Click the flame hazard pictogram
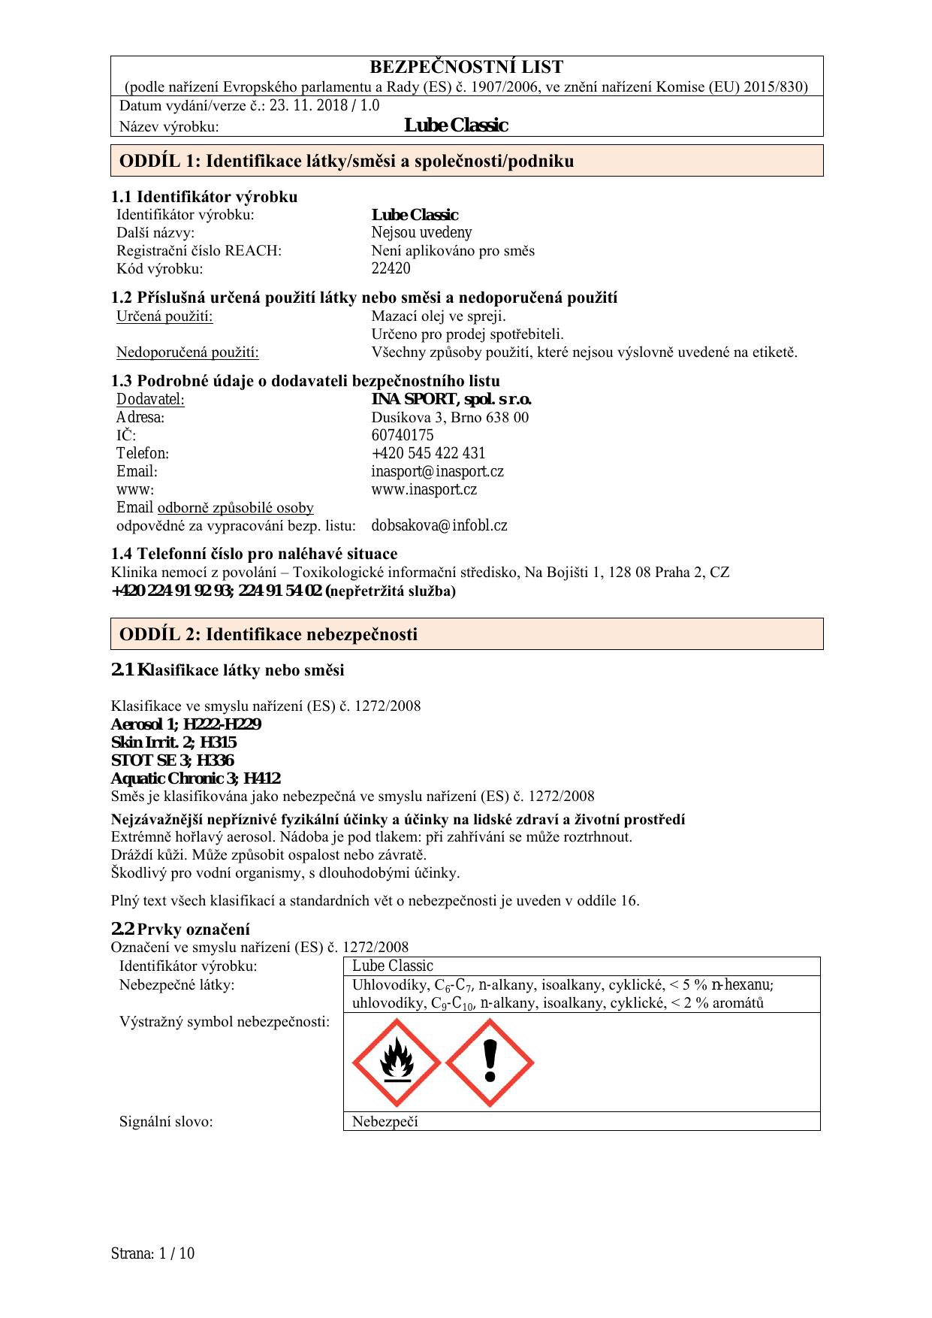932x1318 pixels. tap(397, 1063)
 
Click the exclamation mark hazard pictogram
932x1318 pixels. tap(490, 1063)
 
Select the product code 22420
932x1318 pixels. tap(391, 268)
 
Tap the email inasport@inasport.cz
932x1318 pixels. tap(437, 471)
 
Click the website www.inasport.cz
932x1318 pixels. tap(424, 489)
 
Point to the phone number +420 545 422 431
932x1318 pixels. tap(428, 453)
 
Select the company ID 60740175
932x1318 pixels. tap(402, 435)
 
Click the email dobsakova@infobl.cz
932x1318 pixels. tap(439, 525)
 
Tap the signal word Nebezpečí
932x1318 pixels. tap(385, 1122)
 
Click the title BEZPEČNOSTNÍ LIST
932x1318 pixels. tap(466, 68)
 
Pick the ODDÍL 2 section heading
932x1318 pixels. tap(268, 634)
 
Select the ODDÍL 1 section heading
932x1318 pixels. tap(346, 161)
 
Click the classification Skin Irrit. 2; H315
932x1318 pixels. tap(173, 742)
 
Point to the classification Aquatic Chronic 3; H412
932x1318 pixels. tap(195, 778)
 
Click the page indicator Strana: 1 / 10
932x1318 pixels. tap(152, 1253)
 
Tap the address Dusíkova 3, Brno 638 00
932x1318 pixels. tap(450, 417)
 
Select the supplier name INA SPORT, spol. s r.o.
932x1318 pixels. tap(451, 399)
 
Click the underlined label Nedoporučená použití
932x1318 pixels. tap(187, 352)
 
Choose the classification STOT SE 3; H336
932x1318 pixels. tap(172, 760)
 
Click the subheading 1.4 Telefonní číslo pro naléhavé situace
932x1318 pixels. tap(254, 554)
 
